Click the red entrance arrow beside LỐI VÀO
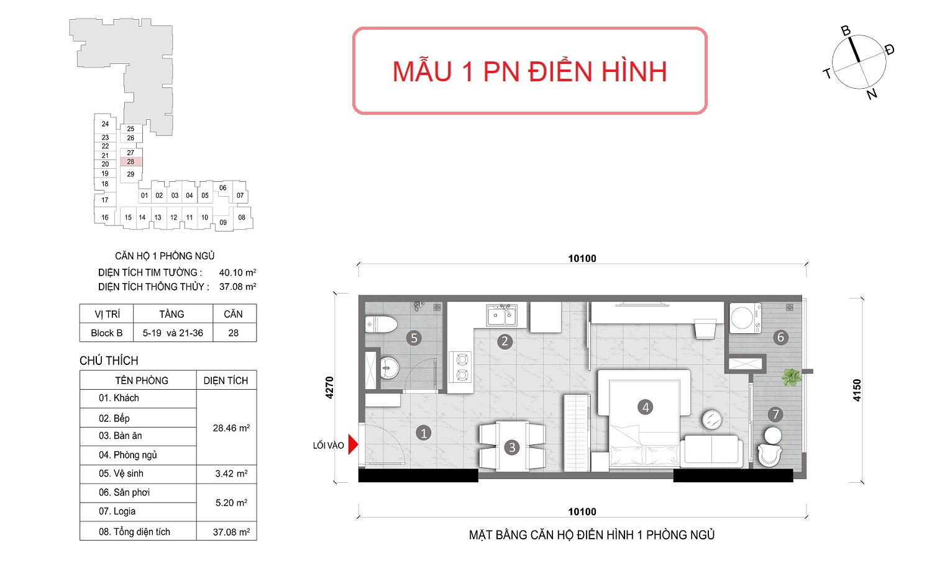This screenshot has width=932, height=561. (x=353, y=445)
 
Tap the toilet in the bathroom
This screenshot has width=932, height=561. (x=381, y=325)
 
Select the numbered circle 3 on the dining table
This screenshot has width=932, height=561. (x=512, y=447)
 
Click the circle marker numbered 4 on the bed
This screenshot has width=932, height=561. (x=646, y=407)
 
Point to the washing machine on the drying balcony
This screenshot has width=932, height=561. (x=745, y=318)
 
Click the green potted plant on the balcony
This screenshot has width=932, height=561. (x=791, y=377)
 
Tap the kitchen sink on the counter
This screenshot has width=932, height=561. (x=502, y=315)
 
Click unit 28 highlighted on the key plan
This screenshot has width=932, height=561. (x=130, y=161)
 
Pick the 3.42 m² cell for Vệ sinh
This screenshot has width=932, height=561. (x=231, y=473)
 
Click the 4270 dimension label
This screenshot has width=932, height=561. (x=329, y=388)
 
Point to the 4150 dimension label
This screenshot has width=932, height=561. (x=857, y=390)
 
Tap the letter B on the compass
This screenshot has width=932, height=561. (x=846, y=31)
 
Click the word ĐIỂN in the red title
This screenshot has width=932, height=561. (x=560, y=71)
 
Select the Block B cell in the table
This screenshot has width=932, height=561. (x=106, y=333)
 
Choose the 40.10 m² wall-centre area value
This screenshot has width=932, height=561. (x=237, y=272)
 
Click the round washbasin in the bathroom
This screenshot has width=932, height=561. (x=390, y=368)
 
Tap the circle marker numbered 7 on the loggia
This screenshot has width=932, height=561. (x=775, y=415)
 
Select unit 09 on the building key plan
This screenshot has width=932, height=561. (x=223, y=222)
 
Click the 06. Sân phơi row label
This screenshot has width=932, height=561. (x=124, y=493)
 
